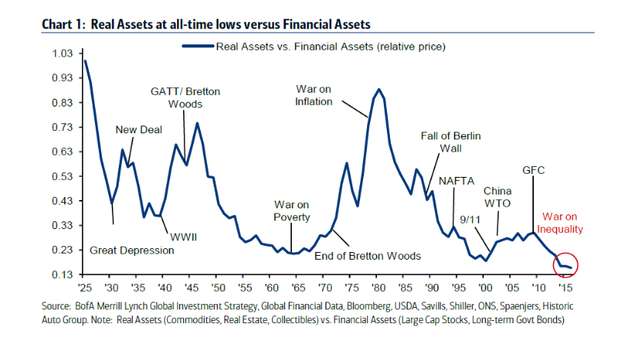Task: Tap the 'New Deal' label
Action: pyautogui.click(x=139, y=129)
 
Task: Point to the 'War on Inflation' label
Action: pyautogui.click(x=313, y=95)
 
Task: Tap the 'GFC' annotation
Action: pyautogui.click(x=533, y=169)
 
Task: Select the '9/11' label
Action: pyautogui.click(x=468, y=218)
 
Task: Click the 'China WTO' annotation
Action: pyautogui.click(x=498, y=196)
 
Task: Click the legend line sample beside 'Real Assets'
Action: pyautogui.click(x=197, y=46)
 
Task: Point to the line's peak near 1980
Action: pyautogui.click(x=378, y=89)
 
